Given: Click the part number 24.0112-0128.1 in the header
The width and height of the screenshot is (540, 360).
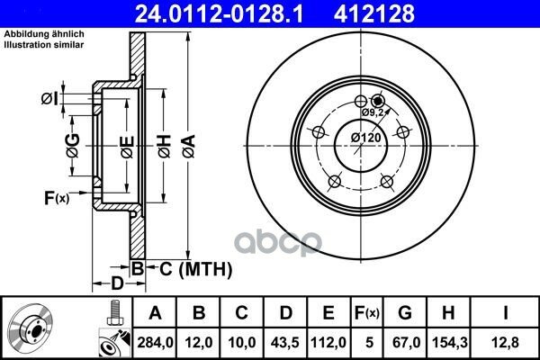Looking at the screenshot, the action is pyautogui.click(x=219, y=13).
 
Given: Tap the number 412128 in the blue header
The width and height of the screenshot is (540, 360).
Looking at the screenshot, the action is pyautogui.click(x=374, y=13).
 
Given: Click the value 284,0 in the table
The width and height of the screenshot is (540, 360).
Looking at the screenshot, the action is pyautogui.click(x=155, y=342).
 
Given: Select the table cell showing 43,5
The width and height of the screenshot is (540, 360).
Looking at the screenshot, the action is pyautogui.click(x=285, y=342).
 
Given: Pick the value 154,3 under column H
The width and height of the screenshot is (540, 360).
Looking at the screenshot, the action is pyautogui.click(x=449, y=342).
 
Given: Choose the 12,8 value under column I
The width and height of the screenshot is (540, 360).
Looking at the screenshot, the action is pyautogui.click(x=505, y=342).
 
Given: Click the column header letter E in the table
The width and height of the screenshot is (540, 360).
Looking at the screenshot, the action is pyautogui.click(x=328, y=313).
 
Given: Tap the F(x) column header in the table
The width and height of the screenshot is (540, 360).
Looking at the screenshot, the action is pyautogui.click(x=367, y=313).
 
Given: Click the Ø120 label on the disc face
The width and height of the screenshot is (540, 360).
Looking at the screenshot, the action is pyautogui.click(x=366, y=138).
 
